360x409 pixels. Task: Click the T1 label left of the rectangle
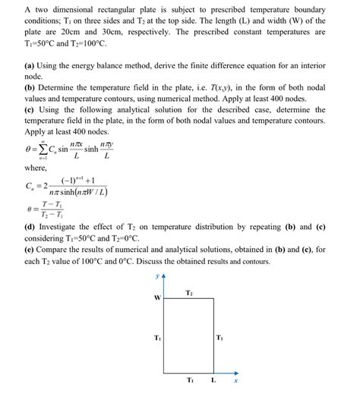(156, 337)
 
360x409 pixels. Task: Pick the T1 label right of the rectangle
(219, 337)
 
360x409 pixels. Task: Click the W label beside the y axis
(157, 297)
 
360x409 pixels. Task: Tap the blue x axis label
(236, 382)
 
